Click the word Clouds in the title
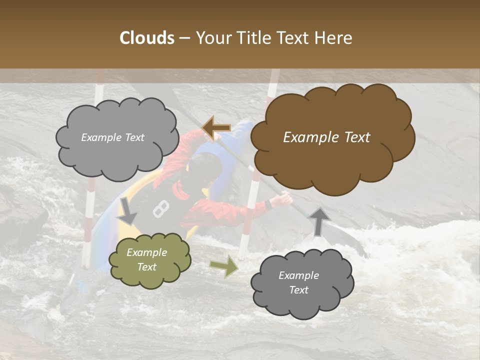pyautogui.click(x=147, y=38)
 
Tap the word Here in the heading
pyautogui.click(x=333, y=38)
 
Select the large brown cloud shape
pyautogui.click(x=332, y=137)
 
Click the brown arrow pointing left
pyautogui.click(x=216, y=128)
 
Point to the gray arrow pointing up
pyautogui.click(x=318, y=220)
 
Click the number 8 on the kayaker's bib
pyautogui.click(x=160, y=208)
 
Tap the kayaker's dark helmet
pyautogui.click(x=205, y=167)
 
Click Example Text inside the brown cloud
pyautogui.click(x=326, y=137)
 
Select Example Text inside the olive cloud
pyautogui.click(x=146, y=259)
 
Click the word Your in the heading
pyautogui.click(x=212, y=38)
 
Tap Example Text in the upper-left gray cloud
pyautogui.click(x=112, y=137)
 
